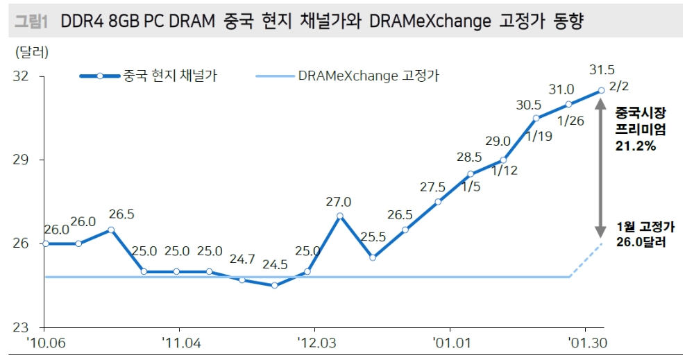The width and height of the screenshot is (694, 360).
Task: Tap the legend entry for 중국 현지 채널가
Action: (x=170, y=76)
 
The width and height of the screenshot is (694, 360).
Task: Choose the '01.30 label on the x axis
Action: (x=586, y=343)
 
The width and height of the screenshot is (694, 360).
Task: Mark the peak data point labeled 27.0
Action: (x=339, y=216)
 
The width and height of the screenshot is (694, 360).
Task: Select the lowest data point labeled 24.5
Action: (x=275, y=285)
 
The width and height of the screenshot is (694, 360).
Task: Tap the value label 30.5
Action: (x=529, y=105)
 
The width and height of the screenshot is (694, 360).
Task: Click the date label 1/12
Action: (x=505, y=171)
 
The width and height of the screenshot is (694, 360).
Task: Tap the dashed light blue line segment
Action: (x=586, y=261)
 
